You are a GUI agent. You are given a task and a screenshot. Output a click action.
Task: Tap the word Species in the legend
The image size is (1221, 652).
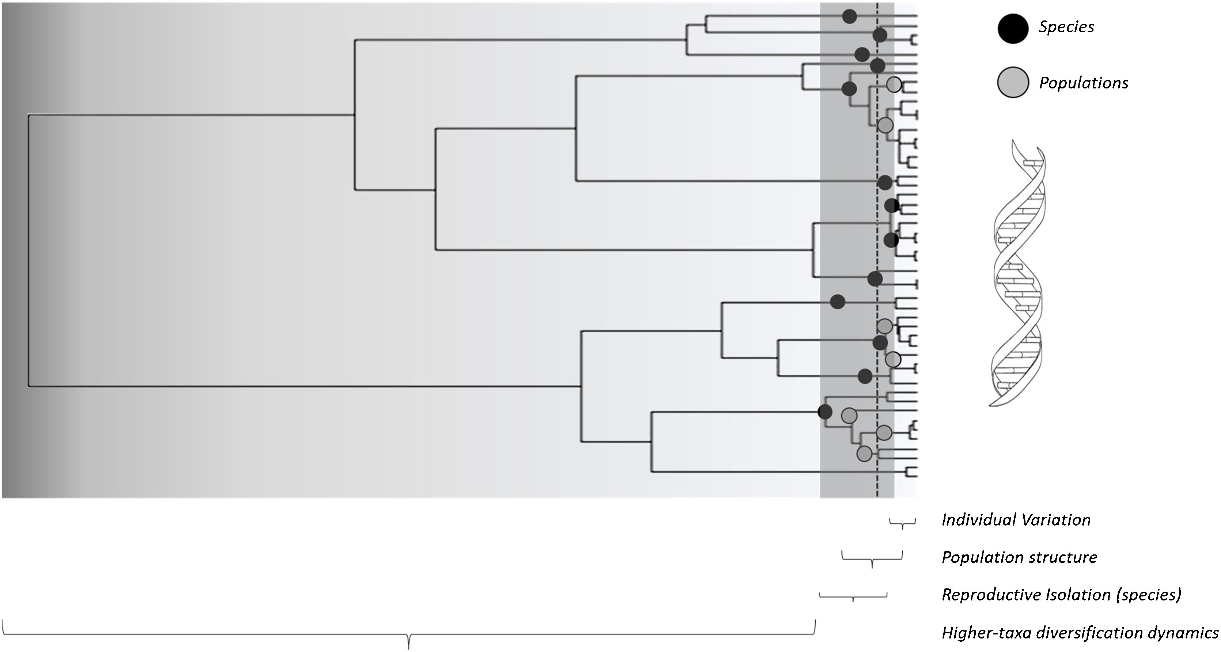[1066, 27]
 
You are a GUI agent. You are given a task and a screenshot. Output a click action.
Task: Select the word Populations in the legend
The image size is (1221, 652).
[1083, 83]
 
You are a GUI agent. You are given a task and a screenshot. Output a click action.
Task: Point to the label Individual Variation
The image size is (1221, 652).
[1016, 520]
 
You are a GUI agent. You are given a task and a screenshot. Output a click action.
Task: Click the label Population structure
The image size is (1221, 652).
[1019, 557]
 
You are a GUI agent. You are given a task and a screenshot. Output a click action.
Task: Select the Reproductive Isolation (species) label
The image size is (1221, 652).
[1061, 595]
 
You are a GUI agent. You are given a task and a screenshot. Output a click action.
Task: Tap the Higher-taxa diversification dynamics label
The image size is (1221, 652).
[1080, 633]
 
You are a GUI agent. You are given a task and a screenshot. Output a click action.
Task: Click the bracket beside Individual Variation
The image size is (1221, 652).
[902, 523]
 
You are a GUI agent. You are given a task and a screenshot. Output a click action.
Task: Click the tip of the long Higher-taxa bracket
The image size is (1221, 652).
[409, 647]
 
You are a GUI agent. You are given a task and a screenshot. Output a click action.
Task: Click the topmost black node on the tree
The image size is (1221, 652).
[849, 16]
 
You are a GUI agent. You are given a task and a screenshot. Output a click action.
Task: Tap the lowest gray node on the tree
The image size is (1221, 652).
[864, 454]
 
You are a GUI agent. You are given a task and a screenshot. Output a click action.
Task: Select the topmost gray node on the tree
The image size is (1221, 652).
[894, 84]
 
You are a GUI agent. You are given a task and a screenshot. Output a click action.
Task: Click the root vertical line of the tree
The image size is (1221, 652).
[29, 250]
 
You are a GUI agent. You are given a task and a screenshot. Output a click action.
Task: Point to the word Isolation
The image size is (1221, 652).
[1084, 595]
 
